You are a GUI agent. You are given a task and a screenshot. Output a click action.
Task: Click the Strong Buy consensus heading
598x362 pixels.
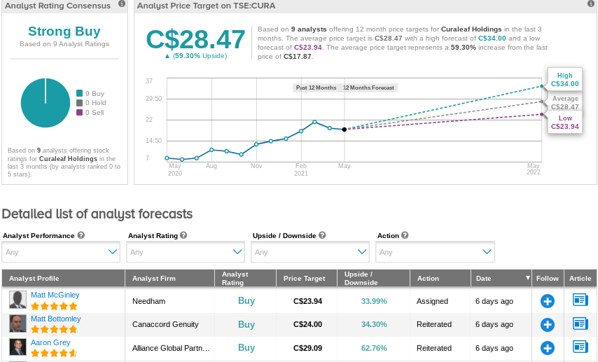64,32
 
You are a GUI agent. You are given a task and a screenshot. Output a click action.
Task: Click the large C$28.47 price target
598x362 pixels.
195,39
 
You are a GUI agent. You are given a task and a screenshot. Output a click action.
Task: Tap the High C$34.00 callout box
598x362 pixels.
565,79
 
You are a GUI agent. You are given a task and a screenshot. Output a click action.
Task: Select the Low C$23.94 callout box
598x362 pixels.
565,122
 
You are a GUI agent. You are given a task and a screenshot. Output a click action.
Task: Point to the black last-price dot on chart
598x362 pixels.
344,130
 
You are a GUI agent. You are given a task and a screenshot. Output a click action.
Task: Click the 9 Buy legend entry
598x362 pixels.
90,93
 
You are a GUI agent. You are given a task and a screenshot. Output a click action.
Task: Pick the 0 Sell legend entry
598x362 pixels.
90,113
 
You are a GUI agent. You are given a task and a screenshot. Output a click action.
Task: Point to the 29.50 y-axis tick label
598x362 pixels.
153,99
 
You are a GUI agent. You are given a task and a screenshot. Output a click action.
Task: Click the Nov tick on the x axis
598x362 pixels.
256,166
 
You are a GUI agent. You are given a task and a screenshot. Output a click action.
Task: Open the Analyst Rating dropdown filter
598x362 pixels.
186,252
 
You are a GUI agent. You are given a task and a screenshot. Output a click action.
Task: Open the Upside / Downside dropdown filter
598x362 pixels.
310,252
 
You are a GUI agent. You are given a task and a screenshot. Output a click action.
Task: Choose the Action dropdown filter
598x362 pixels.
435,252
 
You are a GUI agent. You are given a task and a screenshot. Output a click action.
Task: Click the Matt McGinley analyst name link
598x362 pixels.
55,295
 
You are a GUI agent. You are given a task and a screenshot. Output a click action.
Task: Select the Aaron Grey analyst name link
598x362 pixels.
50,342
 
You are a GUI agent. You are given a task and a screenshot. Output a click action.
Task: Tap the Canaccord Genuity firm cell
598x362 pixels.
165,324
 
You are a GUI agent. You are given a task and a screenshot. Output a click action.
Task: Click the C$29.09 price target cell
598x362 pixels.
307,348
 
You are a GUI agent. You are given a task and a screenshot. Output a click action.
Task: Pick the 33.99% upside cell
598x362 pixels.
374,301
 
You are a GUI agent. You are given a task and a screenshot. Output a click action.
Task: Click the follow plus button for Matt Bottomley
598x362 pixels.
548,325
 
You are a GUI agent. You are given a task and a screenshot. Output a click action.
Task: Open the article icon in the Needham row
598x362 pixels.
580,300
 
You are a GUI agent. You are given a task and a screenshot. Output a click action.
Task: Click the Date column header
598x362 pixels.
483,279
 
